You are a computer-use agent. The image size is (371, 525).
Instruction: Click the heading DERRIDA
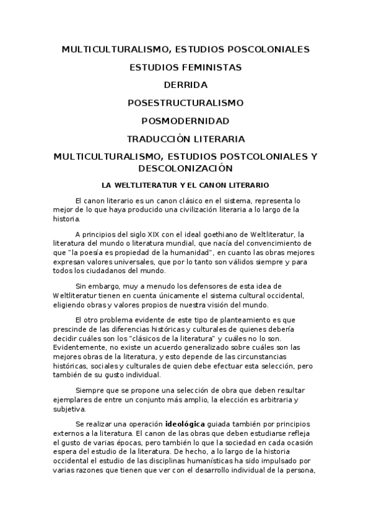pos(185,84)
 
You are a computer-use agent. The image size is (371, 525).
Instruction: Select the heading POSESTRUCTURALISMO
pos(185,102)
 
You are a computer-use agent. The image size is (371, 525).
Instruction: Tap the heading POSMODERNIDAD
pos(185,120)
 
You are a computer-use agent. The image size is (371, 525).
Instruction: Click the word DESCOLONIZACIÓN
pos(185,168)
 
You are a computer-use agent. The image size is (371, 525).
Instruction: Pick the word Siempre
pos(87,391)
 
